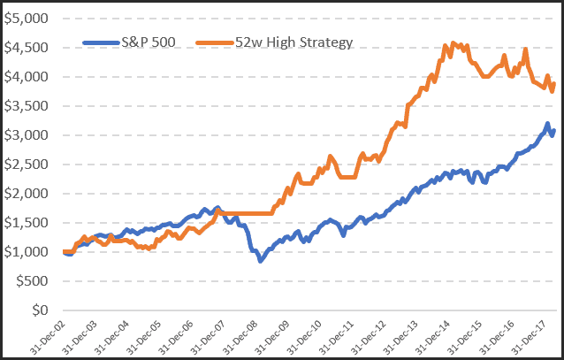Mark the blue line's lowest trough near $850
pos(260,261)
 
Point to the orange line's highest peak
pos(453,42)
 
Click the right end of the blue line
pos(554,131)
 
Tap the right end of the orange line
pos(554,84)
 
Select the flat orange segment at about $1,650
pos(243,214)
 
